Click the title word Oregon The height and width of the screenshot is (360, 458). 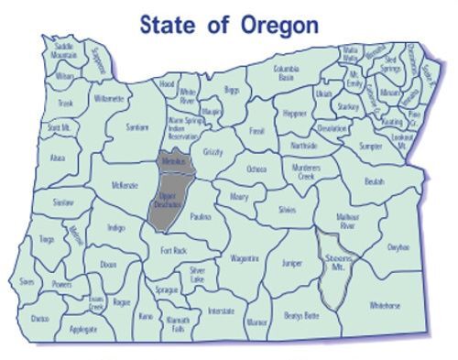click(279, 25)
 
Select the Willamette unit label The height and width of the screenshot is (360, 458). click(108, 97)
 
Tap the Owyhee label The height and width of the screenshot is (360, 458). click(398, 246)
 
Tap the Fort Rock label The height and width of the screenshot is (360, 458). click(174, 250)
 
